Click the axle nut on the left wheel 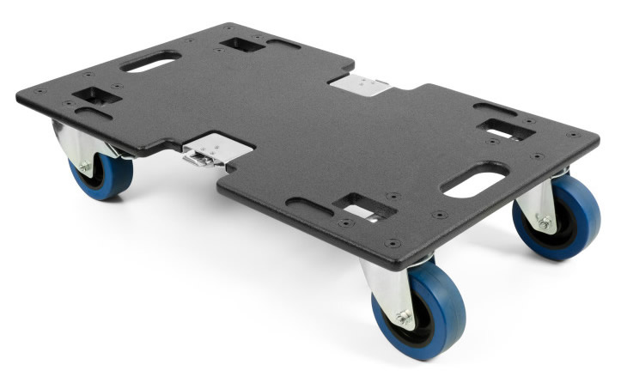tap(85, 167)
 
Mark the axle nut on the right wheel tap(544, 222)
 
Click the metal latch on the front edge tap(203, 155)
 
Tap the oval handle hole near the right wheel tap(475, 181)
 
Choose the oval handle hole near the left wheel tap(151, 62)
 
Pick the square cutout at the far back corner tap(242, 43)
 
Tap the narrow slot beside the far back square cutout tap(283, 42)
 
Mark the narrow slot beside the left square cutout tap(94, 112)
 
